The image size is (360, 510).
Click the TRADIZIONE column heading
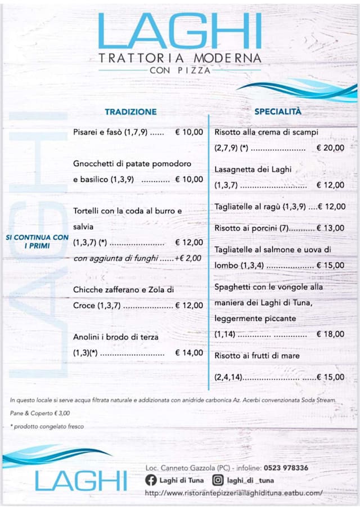[130, 111]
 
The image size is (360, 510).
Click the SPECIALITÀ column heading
[278, 111]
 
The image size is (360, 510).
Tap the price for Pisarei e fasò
[189, 132]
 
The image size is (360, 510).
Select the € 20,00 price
[330, 148]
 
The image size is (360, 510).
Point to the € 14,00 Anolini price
[189, 353]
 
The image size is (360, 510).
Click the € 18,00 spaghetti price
[330, 334]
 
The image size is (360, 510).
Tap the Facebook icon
[150, 480]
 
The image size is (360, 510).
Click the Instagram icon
[217, 480]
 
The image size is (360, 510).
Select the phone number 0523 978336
[287, 468]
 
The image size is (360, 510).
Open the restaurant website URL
[233, 493]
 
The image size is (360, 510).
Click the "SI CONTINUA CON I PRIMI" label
[38, 241]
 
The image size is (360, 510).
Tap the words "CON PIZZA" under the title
[180, 71]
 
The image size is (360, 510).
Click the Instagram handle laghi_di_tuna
[251, 480]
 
